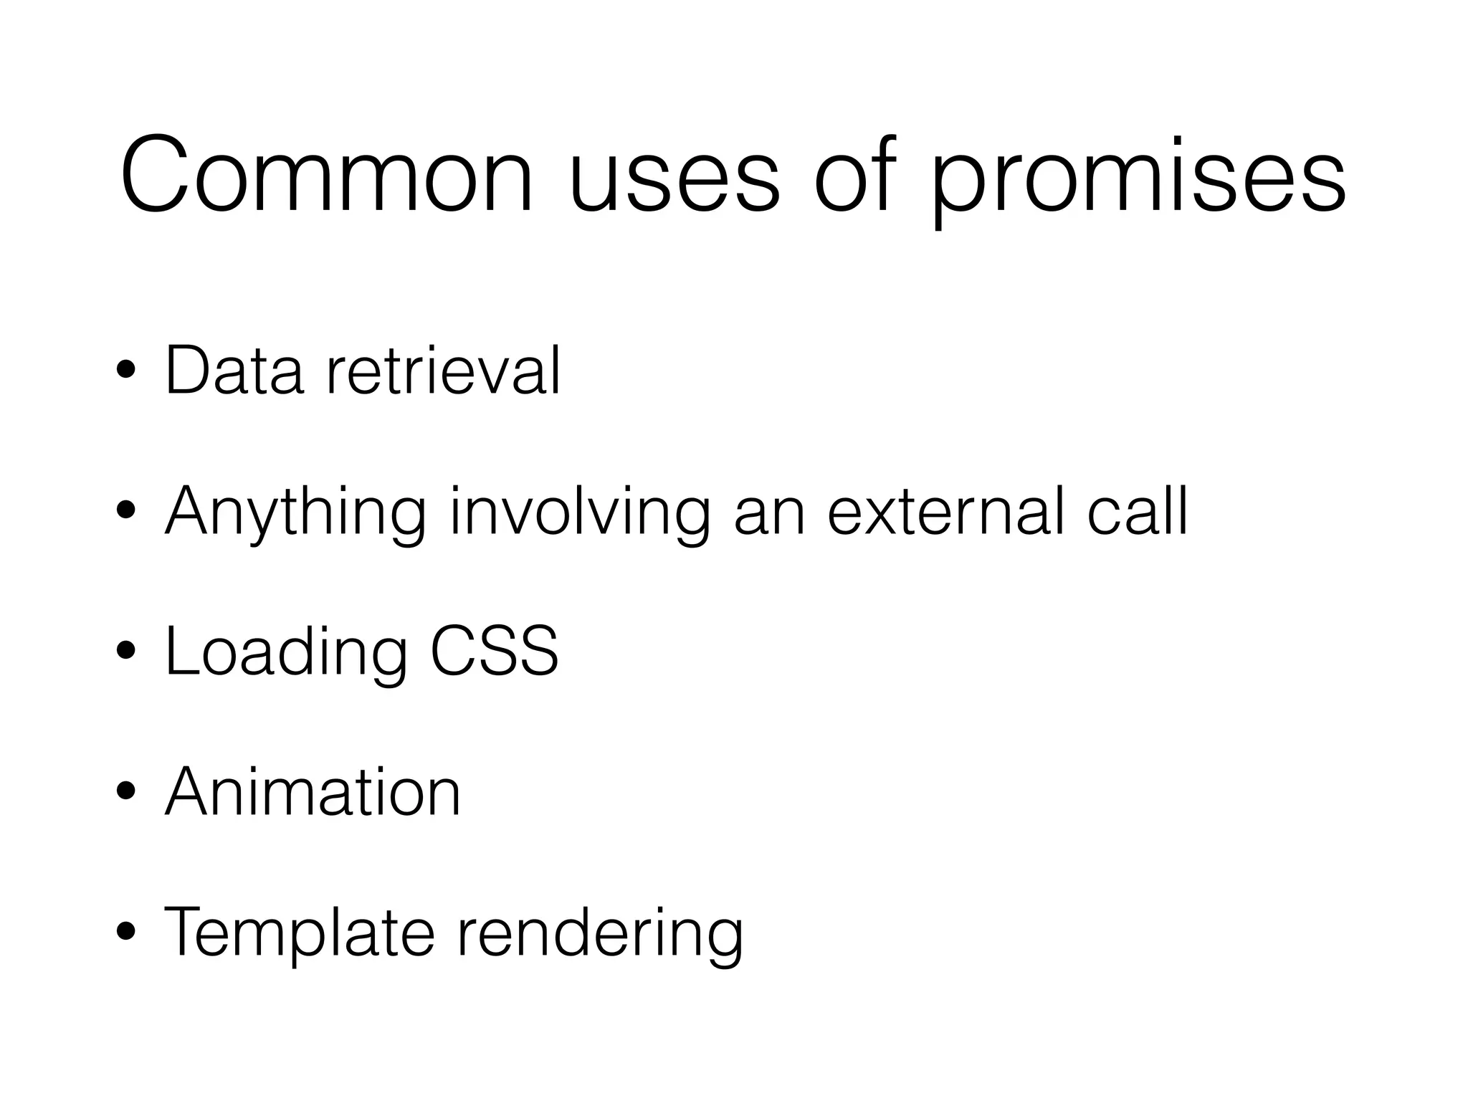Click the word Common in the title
(327, 176)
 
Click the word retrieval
(442, 371)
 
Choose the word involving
(580, 513)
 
